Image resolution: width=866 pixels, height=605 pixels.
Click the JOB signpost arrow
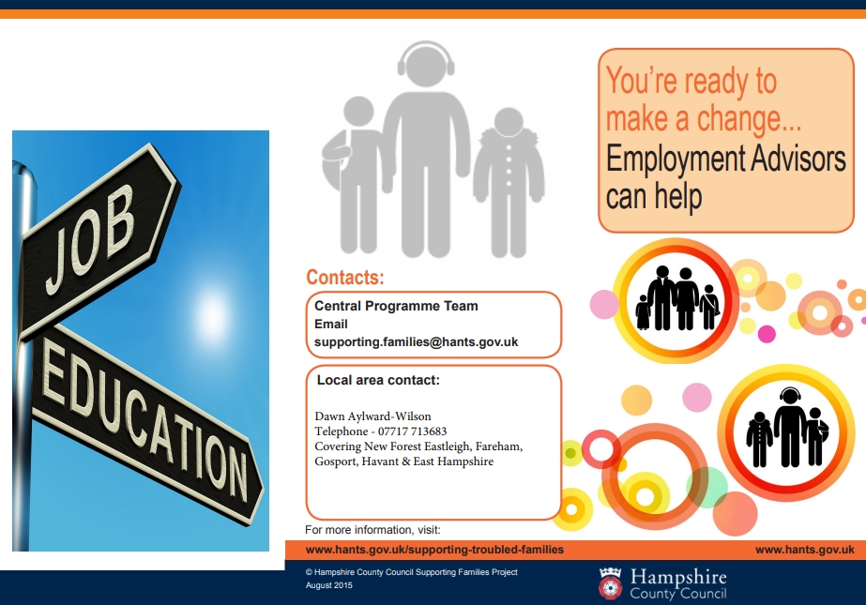tap(97, 240)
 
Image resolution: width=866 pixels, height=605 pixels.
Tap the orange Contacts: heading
tap(345, 277)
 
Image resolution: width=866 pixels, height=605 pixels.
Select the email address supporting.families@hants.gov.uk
tap(416, 342)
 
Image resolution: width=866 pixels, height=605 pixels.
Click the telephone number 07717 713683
tap(412, 431)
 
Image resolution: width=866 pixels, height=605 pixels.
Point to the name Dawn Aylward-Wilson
tap(372, 416)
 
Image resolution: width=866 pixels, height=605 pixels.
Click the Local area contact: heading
tap(378, 380)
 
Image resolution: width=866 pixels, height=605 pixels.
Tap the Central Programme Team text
tap(396, 306)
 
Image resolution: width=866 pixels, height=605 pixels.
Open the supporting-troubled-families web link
tap(434, 550)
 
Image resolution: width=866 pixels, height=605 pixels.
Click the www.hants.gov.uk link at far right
tap(805, 550)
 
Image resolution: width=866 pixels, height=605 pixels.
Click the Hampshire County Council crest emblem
tap(610, 582)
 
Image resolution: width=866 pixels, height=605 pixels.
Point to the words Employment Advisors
tap(725, 159)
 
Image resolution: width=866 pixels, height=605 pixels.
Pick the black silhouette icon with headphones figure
tap(787, 428)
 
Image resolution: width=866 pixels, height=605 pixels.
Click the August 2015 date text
tap(328, 585)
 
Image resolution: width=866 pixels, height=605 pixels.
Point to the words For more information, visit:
tap(372, 530)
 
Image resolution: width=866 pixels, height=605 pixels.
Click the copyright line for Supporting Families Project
tap(412, 572)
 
